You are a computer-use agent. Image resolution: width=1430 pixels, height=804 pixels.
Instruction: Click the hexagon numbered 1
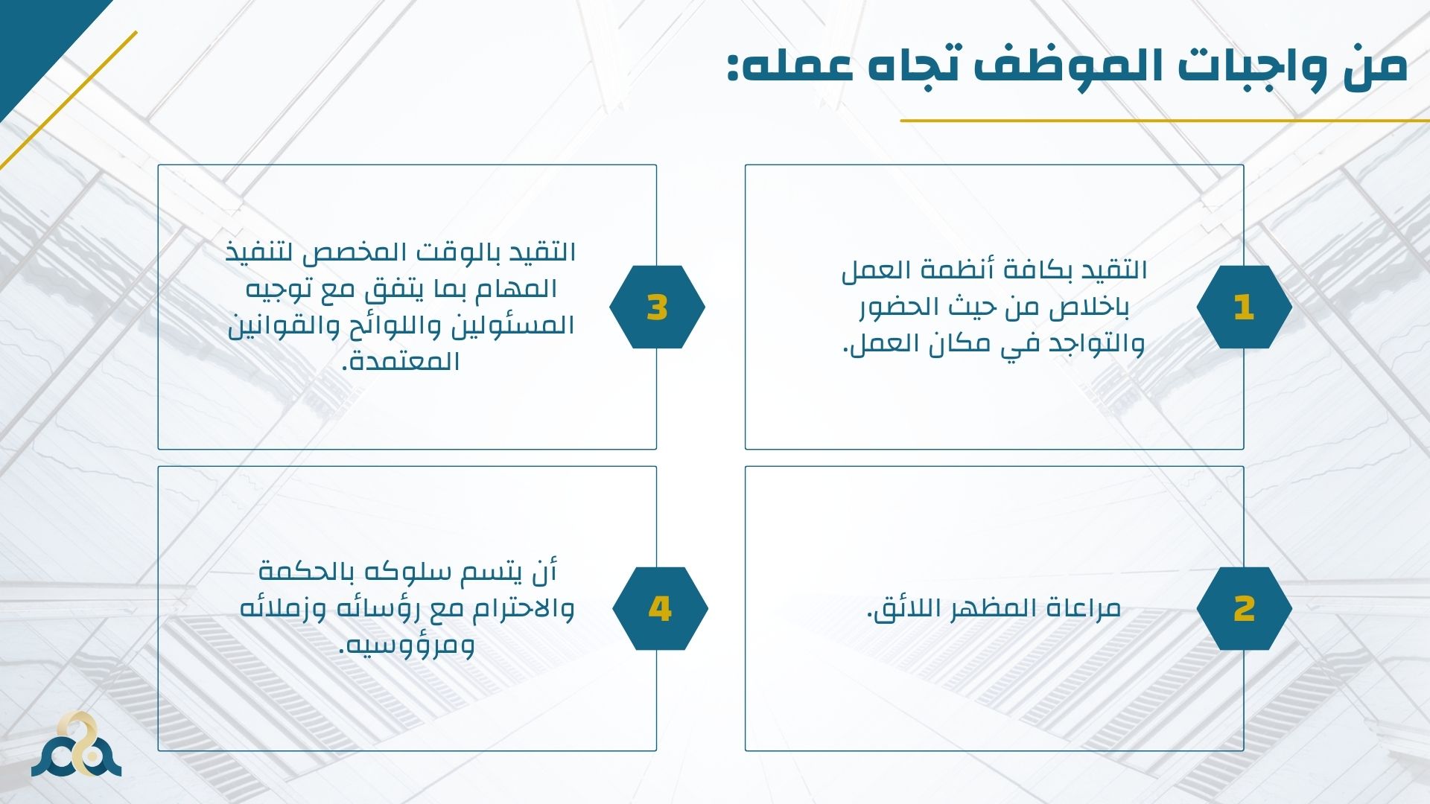click(x=1244, y=307)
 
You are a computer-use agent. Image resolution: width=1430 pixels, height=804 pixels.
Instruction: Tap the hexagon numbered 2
click(x=1244, y=608)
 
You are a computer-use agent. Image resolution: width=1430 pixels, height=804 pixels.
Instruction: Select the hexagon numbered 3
click(x=657, y=307)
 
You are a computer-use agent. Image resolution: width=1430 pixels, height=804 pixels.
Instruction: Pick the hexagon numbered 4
click(x=660, y=608)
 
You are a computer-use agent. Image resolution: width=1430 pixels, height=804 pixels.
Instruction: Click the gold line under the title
click(x=1165, y=120)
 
